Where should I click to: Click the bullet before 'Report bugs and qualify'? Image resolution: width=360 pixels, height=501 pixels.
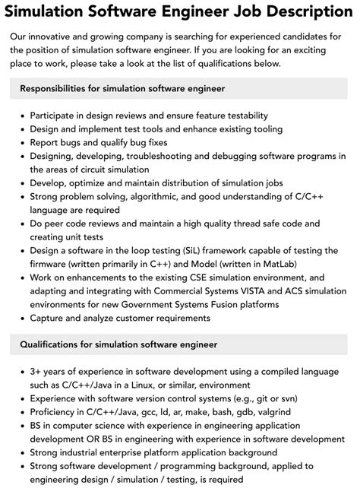pos(20,142)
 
